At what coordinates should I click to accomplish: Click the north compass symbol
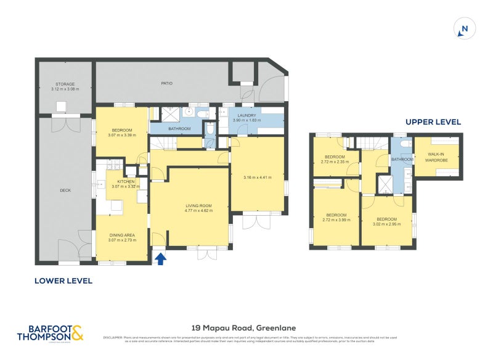(465, 28)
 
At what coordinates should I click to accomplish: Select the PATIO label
(166, 83)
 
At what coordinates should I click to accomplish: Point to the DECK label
(65, 190)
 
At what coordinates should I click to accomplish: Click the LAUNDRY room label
(246, 115)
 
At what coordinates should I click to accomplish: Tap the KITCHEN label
(126, 181)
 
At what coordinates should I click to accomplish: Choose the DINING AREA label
(121, 235)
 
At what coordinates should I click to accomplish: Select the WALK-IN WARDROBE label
(437, 157)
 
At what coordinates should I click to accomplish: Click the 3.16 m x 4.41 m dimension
(257, 178)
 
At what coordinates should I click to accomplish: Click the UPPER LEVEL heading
(433, 122)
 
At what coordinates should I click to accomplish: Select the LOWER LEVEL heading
(63, 280)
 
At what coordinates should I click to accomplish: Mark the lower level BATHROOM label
(169, 129)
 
